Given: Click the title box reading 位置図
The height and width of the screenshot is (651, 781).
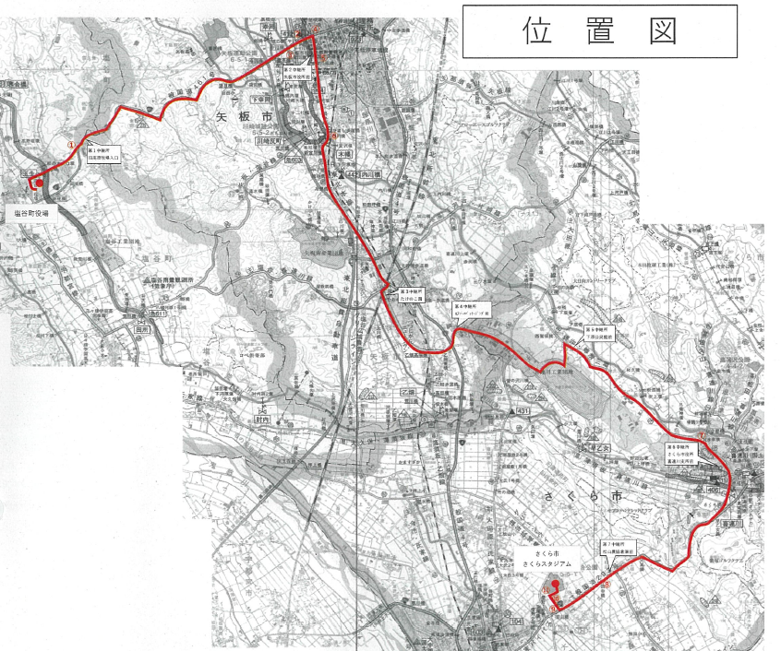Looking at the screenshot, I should (x=599, y=31).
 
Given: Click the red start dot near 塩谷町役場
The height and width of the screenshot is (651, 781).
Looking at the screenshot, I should (x=38, y=183).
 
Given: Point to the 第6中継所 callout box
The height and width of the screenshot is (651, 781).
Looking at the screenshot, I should (x=687, y=454).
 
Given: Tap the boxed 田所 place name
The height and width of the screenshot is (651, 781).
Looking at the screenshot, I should (x=141, y=329).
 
